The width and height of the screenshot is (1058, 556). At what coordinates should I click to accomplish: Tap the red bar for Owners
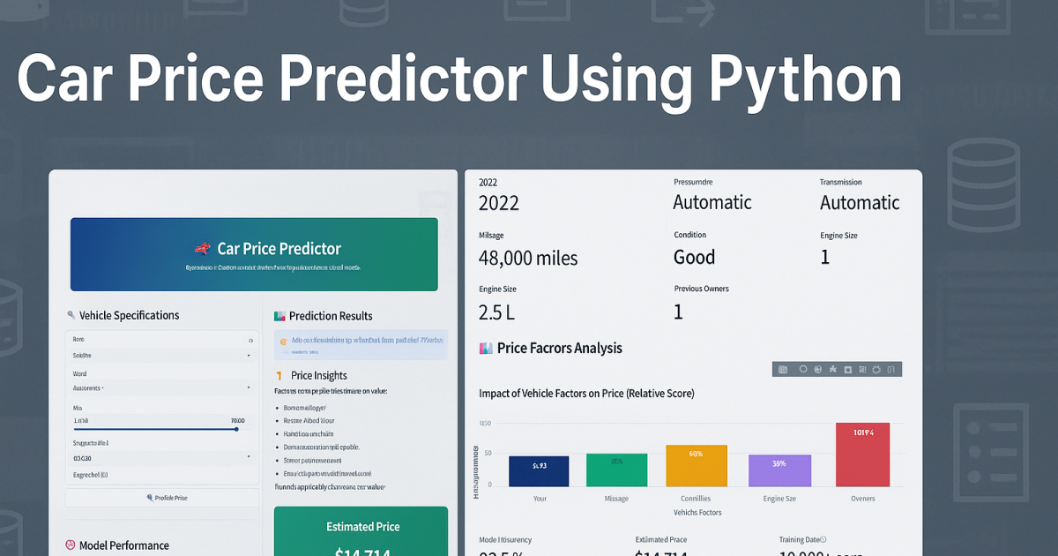[862, 455]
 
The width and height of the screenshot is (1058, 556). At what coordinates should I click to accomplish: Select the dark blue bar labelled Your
[540, 471]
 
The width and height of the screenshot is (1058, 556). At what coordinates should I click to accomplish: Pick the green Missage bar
[616, 470]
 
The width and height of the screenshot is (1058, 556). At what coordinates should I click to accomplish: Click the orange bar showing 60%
[697, 465]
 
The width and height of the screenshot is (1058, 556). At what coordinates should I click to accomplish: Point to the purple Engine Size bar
[779, 470]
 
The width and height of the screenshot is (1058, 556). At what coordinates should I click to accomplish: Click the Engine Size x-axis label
[779, 499]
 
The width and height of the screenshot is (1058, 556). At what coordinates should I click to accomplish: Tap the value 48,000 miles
[528, 258]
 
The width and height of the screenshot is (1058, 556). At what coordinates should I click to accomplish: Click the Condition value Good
[694, 258]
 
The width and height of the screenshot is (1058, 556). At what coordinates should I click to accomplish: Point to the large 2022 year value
[499, 203]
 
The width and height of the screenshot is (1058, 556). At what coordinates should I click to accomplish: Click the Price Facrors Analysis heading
[559, 348]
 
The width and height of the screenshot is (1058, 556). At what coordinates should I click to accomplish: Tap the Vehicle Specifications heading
[129, 315]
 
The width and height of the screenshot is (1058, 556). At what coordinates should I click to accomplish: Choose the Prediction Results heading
[331, 316]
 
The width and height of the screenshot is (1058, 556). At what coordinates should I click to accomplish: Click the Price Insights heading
[318, 375]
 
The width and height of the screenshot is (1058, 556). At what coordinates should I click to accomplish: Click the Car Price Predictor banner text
[279, 249]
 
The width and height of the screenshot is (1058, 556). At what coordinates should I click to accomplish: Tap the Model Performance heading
[123, 545]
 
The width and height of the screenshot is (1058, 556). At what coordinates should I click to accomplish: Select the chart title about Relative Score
[586, 393]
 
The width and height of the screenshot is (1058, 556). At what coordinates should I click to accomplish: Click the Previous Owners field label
[701, 289]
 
